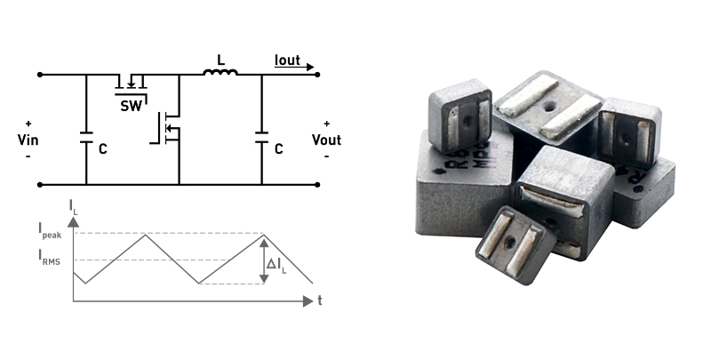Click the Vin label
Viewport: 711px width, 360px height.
point(28,140)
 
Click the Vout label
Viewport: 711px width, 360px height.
point(326,140)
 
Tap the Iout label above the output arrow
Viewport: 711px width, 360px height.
point(287,61)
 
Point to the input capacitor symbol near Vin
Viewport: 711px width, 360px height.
point(86,139)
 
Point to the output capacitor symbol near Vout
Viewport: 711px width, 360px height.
point(261,139)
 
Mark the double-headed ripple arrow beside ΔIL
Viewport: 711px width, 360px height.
point(263,259)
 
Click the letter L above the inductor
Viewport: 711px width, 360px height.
point(220,60)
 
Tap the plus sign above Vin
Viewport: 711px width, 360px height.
point(28,124)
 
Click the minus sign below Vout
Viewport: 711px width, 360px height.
point(326,156)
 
